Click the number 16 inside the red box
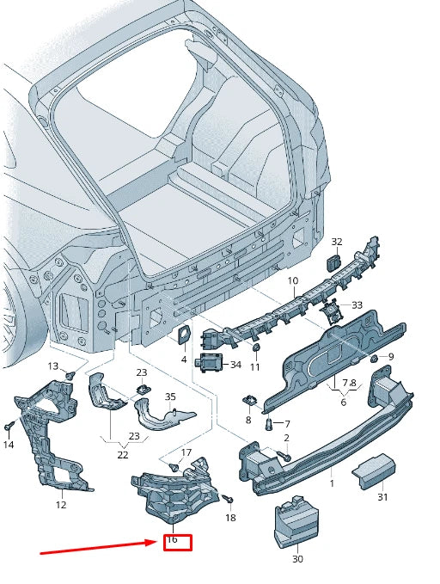coord(173,539)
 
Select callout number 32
coord(337,242)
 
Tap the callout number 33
coord(357,305)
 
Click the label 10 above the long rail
coord(293,280)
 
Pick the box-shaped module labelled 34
coord(209,362)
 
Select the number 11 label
coord(254,367)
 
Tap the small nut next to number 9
coord(375,359)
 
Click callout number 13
coord(53,366)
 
